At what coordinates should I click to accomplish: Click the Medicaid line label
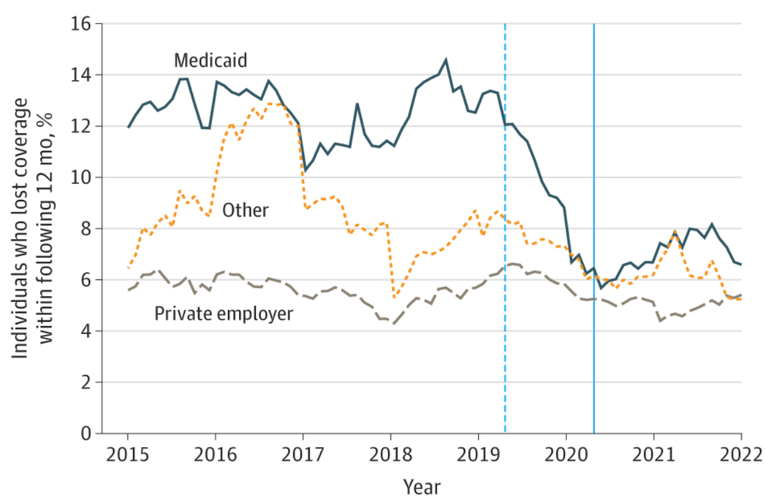click(210, 60)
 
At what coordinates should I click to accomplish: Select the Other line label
click(247, 210)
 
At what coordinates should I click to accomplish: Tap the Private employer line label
click(223, 314)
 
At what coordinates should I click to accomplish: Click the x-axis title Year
click(422, 486)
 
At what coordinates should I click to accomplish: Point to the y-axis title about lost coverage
click(34, 229)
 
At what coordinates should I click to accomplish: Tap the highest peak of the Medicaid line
click(446, 60)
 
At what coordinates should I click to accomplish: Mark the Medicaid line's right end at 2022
click(741, 265)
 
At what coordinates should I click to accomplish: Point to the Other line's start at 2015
click(128, 268)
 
